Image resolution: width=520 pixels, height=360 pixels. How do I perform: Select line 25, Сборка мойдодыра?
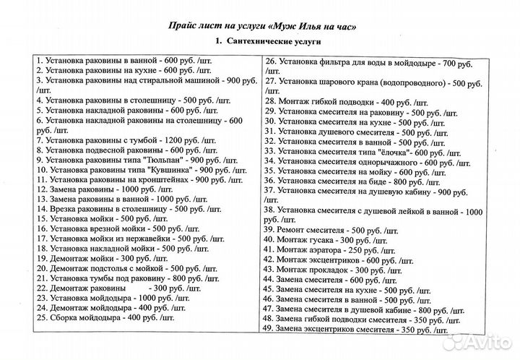point(105,317)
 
